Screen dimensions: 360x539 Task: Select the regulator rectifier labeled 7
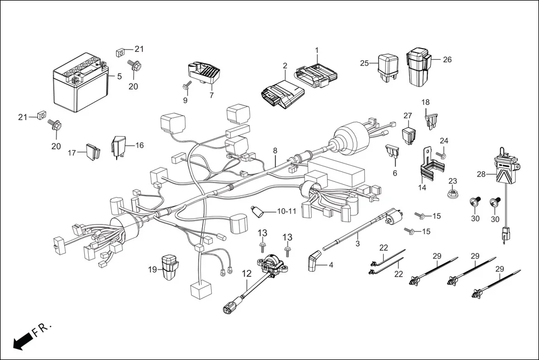204,73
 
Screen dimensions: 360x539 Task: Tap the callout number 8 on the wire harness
275,151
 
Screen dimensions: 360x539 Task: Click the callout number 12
246,273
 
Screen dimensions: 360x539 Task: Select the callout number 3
357,244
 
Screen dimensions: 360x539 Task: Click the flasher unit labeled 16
120,145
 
